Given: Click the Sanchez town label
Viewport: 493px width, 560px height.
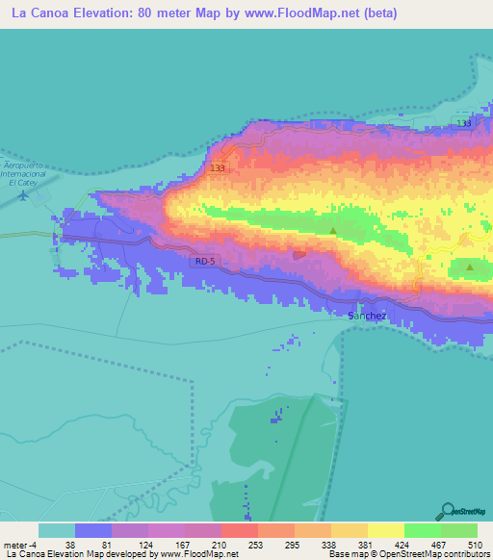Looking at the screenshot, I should coord(365,315).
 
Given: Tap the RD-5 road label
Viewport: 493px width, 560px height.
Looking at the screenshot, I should coord(204,260).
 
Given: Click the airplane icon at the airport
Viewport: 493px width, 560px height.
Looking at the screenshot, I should coord(23,195).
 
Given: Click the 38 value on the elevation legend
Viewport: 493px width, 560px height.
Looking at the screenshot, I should coord(71,544).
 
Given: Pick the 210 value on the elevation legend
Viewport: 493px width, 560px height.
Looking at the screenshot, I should coord(220,544).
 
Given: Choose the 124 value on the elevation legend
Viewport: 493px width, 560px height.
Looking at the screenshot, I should coord(145,544).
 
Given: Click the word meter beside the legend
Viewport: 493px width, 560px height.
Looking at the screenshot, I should coord(15,544).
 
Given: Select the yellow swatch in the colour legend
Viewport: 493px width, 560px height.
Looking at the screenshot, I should coord(386,530).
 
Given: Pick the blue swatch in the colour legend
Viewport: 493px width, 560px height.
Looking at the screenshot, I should coord(93,530).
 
